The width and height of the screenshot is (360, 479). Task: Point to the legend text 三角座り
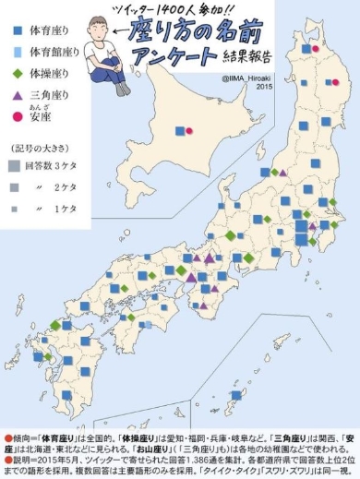pos(45,95)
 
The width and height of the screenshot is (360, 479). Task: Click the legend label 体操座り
pos(45,73)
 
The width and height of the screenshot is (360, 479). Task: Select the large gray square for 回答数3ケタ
pos(14,167)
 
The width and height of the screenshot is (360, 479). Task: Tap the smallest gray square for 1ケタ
pos(14,209)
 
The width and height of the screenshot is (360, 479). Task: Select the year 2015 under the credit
pos(261,90)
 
